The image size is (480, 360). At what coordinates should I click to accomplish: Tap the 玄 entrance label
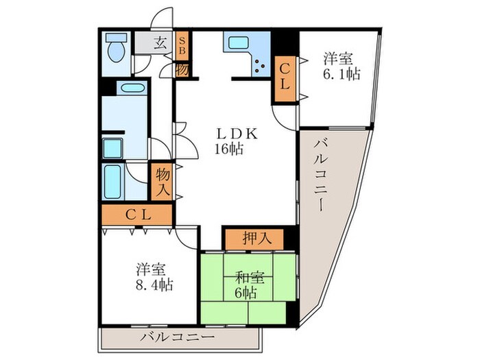(160, 43)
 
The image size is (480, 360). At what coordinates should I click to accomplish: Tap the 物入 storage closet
(163, 180)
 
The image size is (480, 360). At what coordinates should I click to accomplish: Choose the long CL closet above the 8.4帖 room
(136, 214)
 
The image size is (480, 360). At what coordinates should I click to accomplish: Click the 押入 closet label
(253, 238)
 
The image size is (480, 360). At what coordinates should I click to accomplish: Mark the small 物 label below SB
(182, 69)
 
